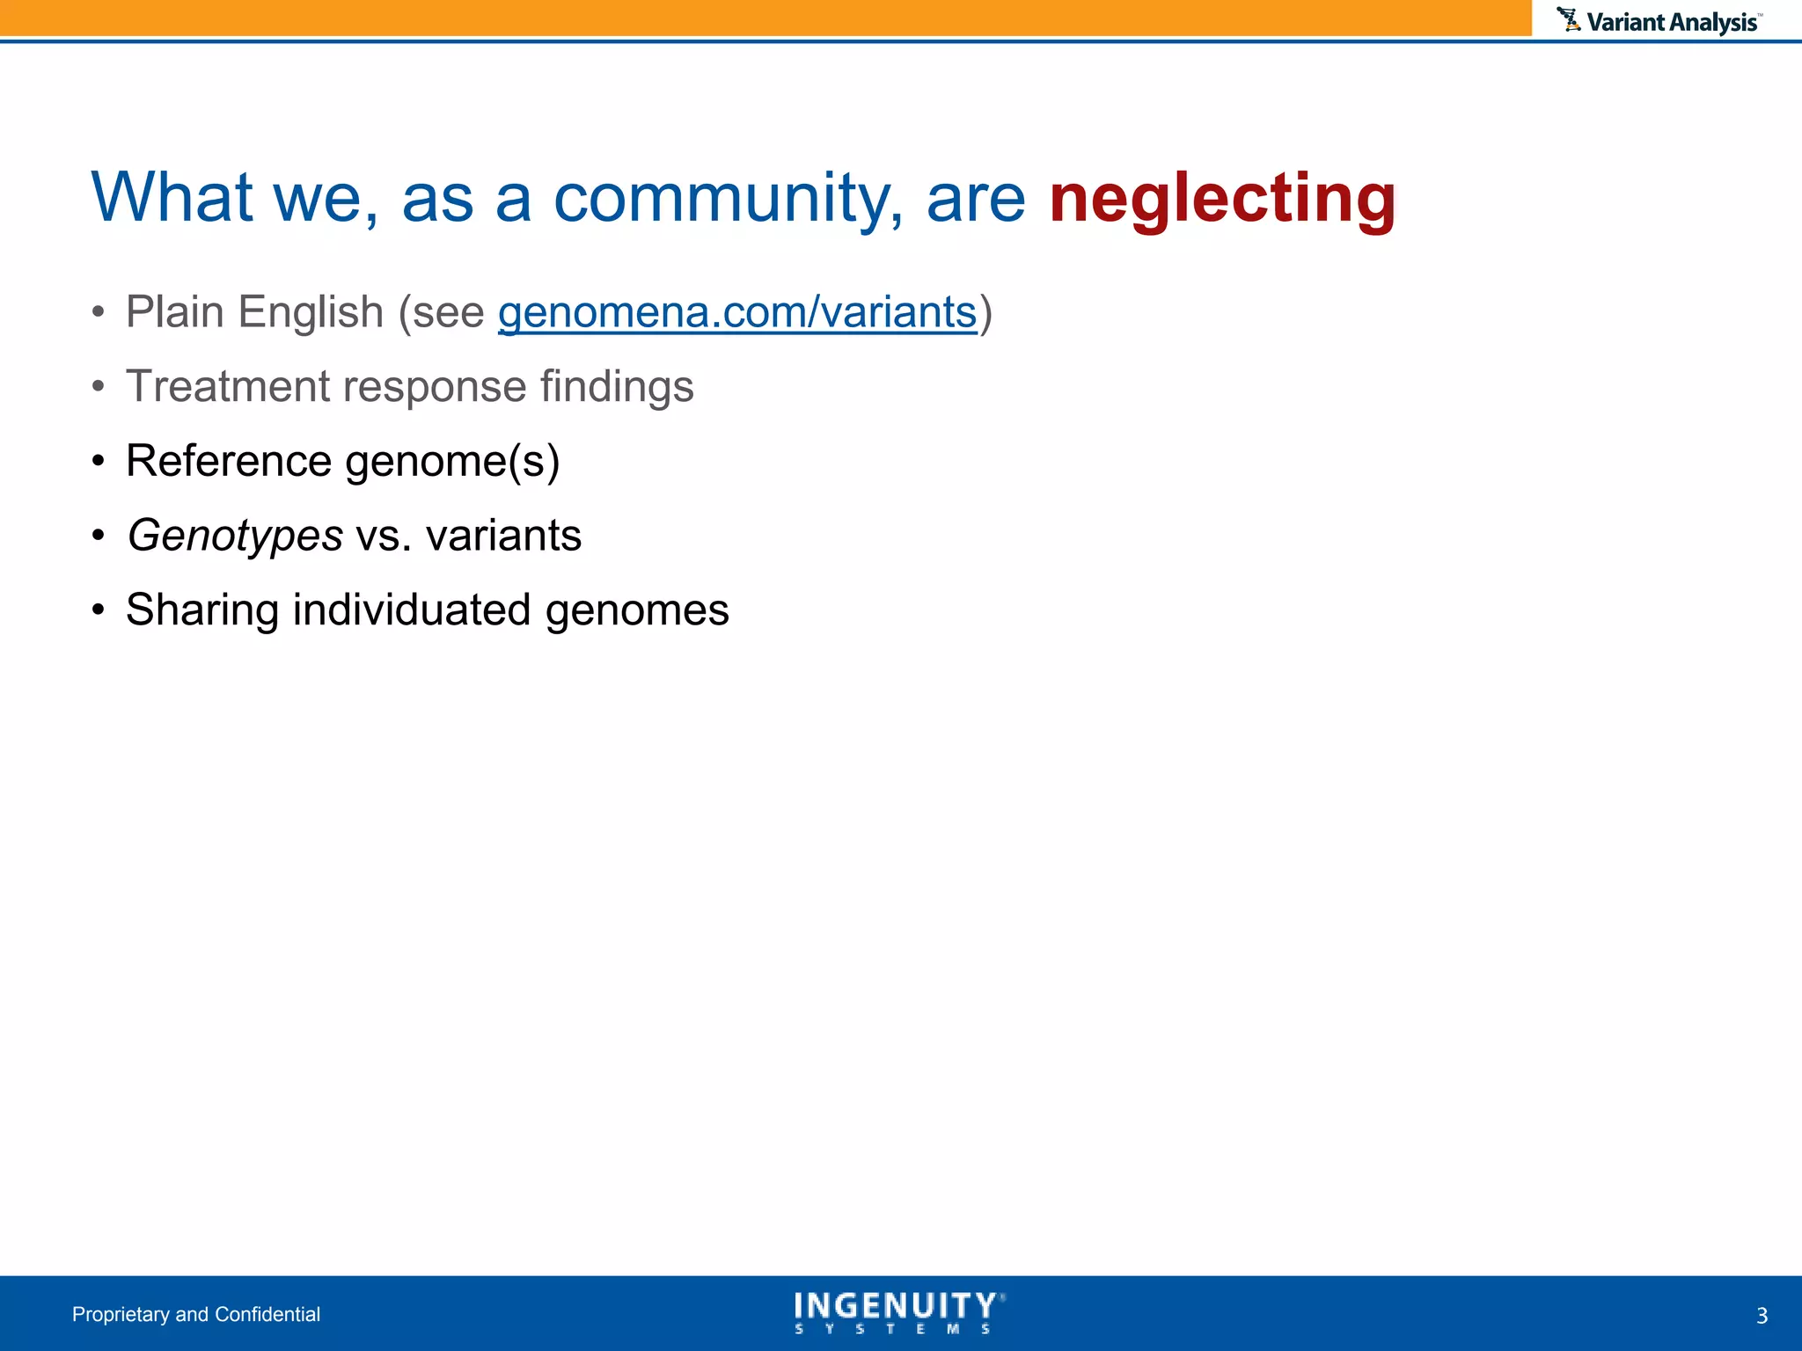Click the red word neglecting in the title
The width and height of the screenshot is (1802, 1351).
click(x=1221, y=199)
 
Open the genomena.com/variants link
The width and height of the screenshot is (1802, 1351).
click(x=737, y=312)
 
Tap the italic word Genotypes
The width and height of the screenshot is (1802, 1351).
click(x=235, y=536)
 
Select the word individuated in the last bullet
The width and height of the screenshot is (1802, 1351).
click(x=412, y=610)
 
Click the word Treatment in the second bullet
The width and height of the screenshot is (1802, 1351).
click(x=227, y=386)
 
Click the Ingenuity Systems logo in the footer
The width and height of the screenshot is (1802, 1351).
click(x=898, y=1312)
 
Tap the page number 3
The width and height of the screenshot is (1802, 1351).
click(x=1762, y=1316)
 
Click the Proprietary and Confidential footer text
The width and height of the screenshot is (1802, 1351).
click(x=196, y=1314)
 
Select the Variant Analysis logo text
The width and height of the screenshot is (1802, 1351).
click(x=1672, y=22)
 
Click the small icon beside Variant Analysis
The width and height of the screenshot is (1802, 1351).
click(x=1568, y=19)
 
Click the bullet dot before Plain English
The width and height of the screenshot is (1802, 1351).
click(x=99, y=312)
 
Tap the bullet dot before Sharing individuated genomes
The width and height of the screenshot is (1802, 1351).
click(x=99, y=610)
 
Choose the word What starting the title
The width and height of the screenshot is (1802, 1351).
click(x=172, y=199)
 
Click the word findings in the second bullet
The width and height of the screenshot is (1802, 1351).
click(x=617, y=386)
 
